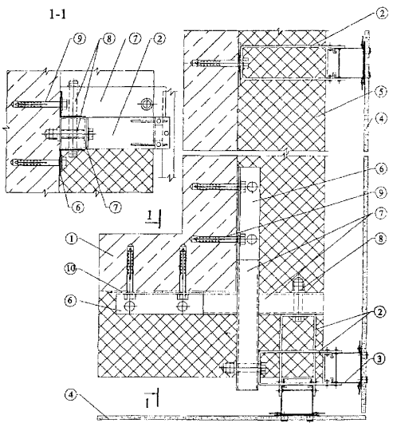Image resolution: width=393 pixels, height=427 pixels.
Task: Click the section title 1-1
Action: coord(57,14)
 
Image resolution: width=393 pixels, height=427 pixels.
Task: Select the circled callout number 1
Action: coord(71,239)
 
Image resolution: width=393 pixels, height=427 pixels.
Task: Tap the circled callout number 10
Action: coord(70,269)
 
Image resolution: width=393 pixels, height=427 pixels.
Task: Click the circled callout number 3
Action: coord(380,358)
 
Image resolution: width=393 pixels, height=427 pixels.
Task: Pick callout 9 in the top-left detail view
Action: coord(79,39)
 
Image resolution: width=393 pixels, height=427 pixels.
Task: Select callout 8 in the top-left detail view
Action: coord(108,39)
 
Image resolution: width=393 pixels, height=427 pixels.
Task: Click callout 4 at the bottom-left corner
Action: coord(71,394)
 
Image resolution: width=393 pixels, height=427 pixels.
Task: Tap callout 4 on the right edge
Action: coord(381,119)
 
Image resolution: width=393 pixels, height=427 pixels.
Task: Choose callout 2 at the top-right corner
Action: coord(381,14)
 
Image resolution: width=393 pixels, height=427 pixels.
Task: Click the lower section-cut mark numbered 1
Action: coord(151,398)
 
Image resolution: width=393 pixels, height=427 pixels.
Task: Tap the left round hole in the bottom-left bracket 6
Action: coord(129,306)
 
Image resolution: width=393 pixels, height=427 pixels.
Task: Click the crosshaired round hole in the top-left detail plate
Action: coord(147,104)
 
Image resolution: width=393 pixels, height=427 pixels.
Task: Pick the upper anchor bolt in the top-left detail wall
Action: coord(37,104)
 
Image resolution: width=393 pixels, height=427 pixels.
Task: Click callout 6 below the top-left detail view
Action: coord(78,208)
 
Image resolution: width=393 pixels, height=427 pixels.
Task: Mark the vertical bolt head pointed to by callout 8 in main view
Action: coord(298,284)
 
